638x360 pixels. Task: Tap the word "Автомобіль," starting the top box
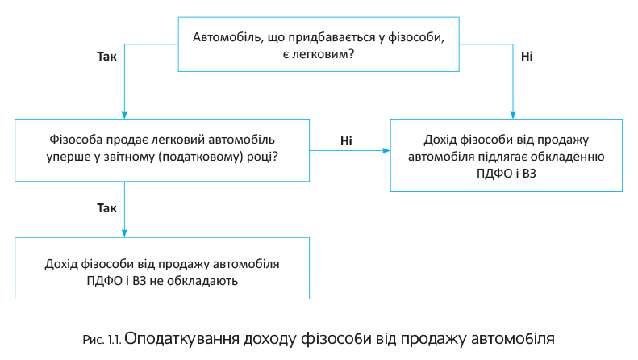coord(228,36)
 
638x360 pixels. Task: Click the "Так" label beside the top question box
coord(106,57)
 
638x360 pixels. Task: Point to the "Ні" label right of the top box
coord(527,57)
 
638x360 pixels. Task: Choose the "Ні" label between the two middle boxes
coord(346,140)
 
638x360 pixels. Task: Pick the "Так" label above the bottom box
coord(106,208)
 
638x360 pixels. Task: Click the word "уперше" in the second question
coord(70,155)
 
